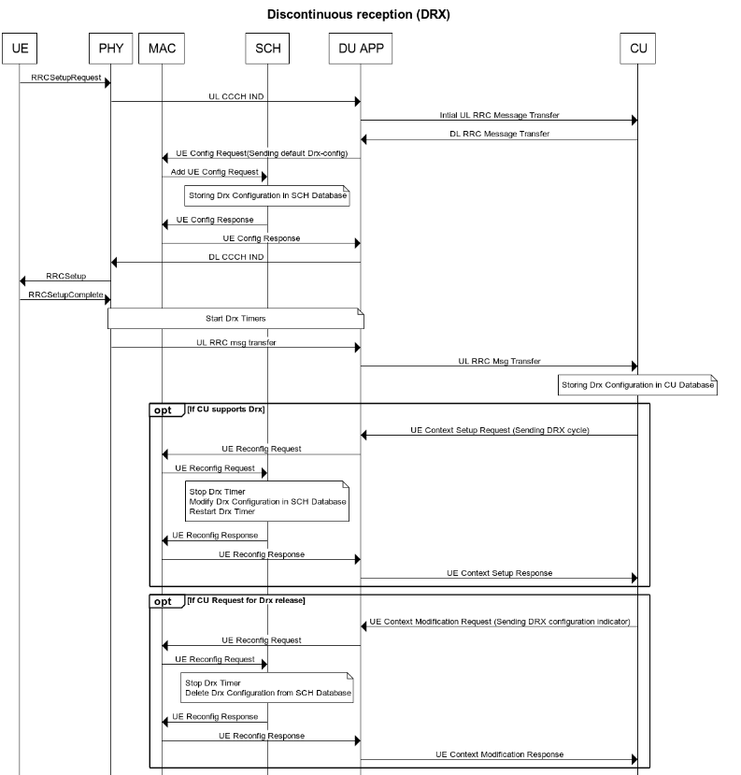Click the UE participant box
(20, 49)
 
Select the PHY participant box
(110, 49)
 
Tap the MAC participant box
(162, 49)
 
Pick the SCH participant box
(267, 49)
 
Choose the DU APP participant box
(361, 49)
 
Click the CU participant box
(638, 49)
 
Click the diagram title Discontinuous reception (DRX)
(359, 14)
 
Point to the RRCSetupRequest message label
(65, 78)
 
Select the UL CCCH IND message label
(236, 96)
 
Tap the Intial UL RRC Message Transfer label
(499, 115)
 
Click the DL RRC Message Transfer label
(499, 134)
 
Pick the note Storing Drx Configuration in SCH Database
(267, 195)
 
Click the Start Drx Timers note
(235, 318)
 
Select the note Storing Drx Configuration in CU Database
(638, 385)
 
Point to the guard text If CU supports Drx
(226, 409)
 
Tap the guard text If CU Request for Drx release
(246, 600)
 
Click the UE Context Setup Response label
(499, 573)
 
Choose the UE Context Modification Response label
(499, 754)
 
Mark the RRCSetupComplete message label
(65, 294)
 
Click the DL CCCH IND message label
(236, 257)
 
